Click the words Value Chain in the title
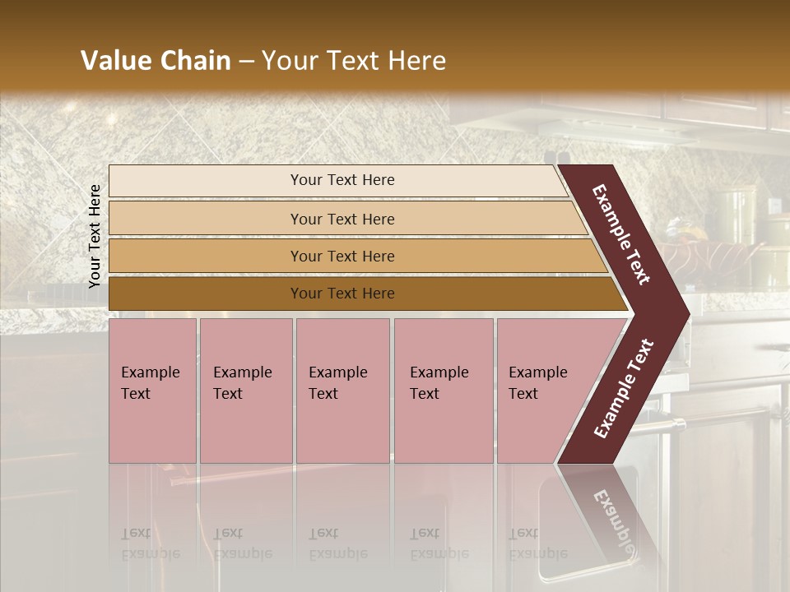[x=156, y=61]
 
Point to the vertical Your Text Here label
[x=95, y=237]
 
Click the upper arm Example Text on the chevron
[x=620, y=234]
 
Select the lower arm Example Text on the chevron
[x=624, y=388]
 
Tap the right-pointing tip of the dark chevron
[x=683, y=312]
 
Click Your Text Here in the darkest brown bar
[x=342, y=294]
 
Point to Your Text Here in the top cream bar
[x=342, y=180]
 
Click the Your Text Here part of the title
[x=354, y=61]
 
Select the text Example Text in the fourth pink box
[x=439, y=383]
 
